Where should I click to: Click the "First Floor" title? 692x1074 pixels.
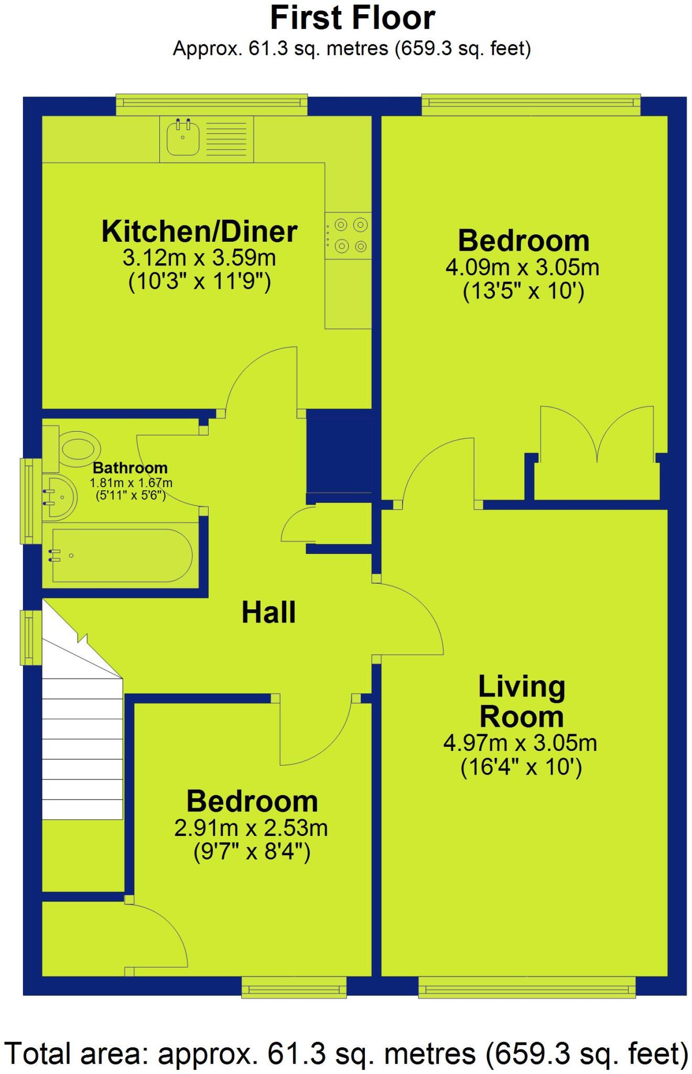pyautogui.click(x=352, y=19)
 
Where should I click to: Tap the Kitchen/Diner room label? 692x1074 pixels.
pyautogui.click(x=199, y=232)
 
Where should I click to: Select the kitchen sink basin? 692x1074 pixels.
pyautogui.click(x=183, y=138)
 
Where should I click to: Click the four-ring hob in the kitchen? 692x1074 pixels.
pyautogui.click(x=348, y=235)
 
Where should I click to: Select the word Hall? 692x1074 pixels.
pyautogui.click(x=268, y=613)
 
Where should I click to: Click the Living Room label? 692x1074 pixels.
pyautogui.click(x=521, y=701)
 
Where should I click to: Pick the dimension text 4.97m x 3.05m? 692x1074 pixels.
pyautogui.click(x=520, y=743)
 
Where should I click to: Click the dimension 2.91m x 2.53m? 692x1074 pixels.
pyautogui.click(x=251, y=828)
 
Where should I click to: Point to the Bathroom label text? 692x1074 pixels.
pyautogui.click(x=130, y=468)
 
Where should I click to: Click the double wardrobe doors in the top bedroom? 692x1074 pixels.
pyautogui.click(x=597, y=435)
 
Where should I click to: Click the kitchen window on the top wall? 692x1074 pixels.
pyautogui.click(x=211, y=104)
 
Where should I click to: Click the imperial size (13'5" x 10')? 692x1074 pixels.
pyautogui.click(x=523, y=291)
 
